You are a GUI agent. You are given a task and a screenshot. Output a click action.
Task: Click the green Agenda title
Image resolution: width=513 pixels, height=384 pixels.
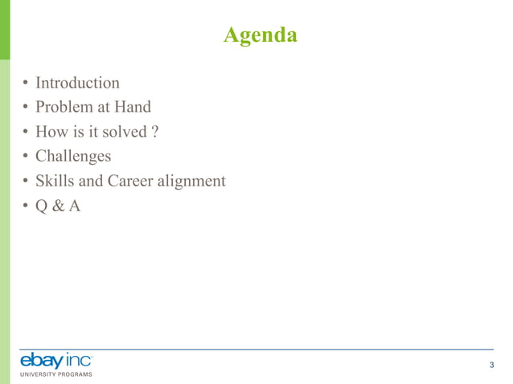click(x=260, y=35)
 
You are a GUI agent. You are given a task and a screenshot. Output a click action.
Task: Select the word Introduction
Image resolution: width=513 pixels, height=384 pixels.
click(x=77, y=83)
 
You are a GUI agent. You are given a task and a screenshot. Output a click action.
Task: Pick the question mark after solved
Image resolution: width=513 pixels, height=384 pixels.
click(x=153, y=132)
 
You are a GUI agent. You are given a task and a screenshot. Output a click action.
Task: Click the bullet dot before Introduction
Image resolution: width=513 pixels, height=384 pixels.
click(x=26, y=84)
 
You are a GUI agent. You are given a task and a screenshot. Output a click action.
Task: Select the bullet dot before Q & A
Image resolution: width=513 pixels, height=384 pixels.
click(x=26, y=206)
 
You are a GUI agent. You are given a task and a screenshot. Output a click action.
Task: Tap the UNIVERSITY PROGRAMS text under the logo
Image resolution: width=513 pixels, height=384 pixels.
click(x=55, y=374)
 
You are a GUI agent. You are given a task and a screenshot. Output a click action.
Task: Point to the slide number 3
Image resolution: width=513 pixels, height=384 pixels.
click(x=491, y=366)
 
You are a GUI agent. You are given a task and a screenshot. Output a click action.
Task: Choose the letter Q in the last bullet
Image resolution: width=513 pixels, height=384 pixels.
click(x=43, y=206)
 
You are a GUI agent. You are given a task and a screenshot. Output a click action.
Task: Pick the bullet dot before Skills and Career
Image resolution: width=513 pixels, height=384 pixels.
click(x=26, y=182)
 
